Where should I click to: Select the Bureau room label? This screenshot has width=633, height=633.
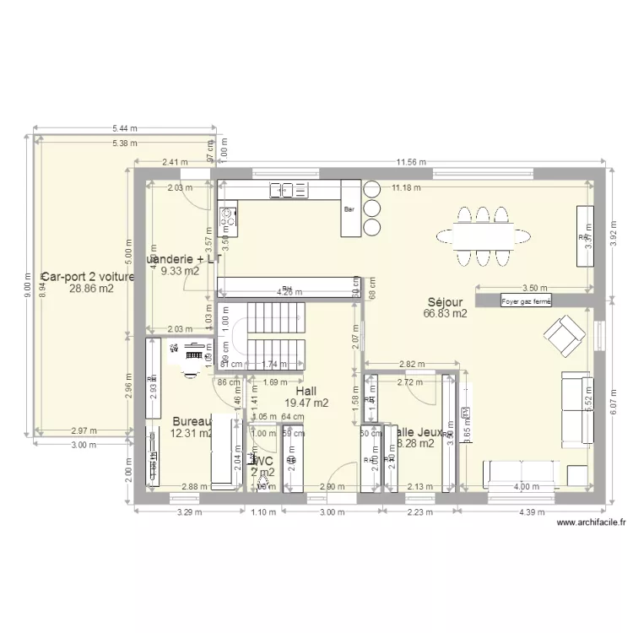[x=192, y=421]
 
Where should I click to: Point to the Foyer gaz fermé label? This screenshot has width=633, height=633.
[x=525, y=300]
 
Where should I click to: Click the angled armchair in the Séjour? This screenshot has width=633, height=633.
[x=561, y=337]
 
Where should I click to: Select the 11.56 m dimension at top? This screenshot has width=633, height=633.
[x=411, y=163]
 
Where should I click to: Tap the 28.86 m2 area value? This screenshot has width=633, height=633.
[x=90, y=288]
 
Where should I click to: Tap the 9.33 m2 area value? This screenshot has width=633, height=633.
[x=180, y=271]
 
